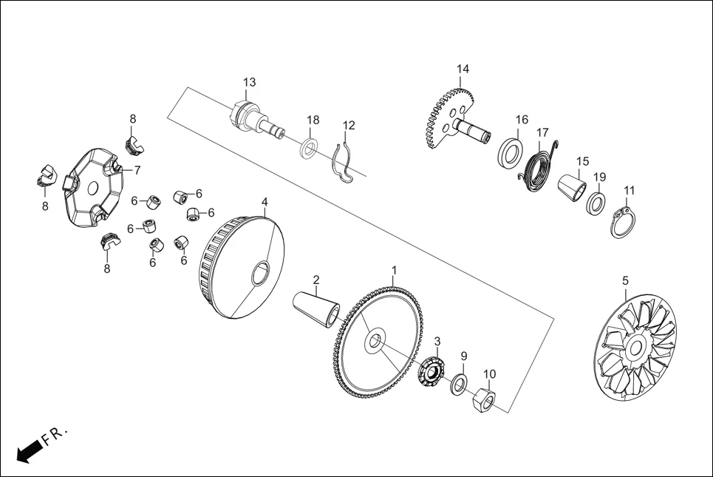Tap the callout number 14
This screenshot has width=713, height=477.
click(463, 70)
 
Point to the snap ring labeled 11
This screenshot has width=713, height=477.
click(624, 223)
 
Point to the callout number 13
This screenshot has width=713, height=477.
click(249, 81)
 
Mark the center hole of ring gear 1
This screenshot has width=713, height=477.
click(375, 341)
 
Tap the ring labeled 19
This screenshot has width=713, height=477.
click(596, 203)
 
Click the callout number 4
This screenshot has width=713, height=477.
click(265, 202)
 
